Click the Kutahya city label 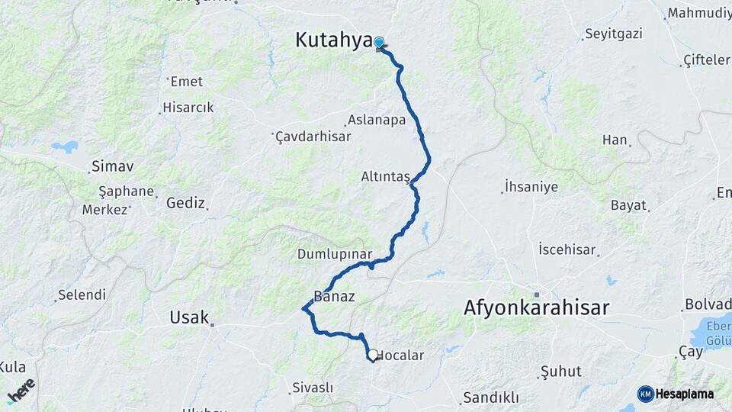(x=333, y=41)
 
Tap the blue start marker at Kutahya (x=378, y=42)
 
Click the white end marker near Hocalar (x=372, y=355)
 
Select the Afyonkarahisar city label (x=537, y=307)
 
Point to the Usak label (x=189, y=317)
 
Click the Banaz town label (x=334, y=297)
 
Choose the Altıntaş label (x=385, y=177)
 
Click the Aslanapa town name (x=377, y=120)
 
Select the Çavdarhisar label (x=313, y=137)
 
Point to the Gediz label (x=185, y=203)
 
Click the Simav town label (x=112, y=166)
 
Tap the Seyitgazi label (x=614, y=34)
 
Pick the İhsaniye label (x=531, y=187)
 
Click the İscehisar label (x=567, y=249)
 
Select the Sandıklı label (x=490, y=398)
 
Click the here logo (x=21, y=391)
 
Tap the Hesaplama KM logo (x=676, y=394)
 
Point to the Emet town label (x=186, y=81)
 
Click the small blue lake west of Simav (x=65, y=146)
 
